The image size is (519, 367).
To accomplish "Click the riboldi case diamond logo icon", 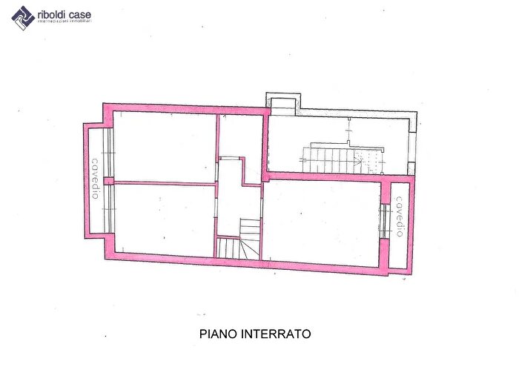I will [22, 16].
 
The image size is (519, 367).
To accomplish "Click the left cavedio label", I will [95, 178].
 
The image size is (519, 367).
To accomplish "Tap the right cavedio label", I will [398, 216].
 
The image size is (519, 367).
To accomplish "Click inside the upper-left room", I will [163, 145].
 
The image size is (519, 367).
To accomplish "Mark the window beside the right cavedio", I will [384, 221].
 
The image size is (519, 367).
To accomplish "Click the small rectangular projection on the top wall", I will [284, 105].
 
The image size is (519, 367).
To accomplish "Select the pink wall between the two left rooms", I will [163, 182].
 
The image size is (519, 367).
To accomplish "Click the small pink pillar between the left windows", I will [108, 180].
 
